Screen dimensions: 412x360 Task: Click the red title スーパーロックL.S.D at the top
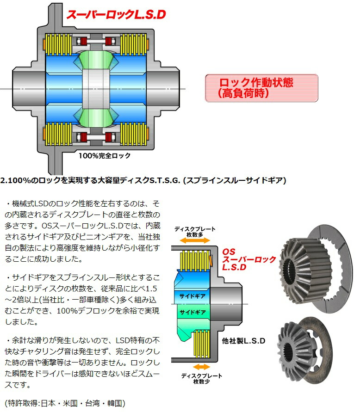tap(116, 14)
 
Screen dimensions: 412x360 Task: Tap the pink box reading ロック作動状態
tap(261, 88)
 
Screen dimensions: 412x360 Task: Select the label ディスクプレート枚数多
tap(191, 231)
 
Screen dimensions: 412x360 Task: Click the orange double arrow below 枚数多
tap(191, 240)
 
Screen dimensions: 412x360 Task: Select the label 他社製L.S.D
tap(243, 341)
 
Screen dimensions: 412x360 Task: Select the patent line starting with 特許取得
tap(64, 403)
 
